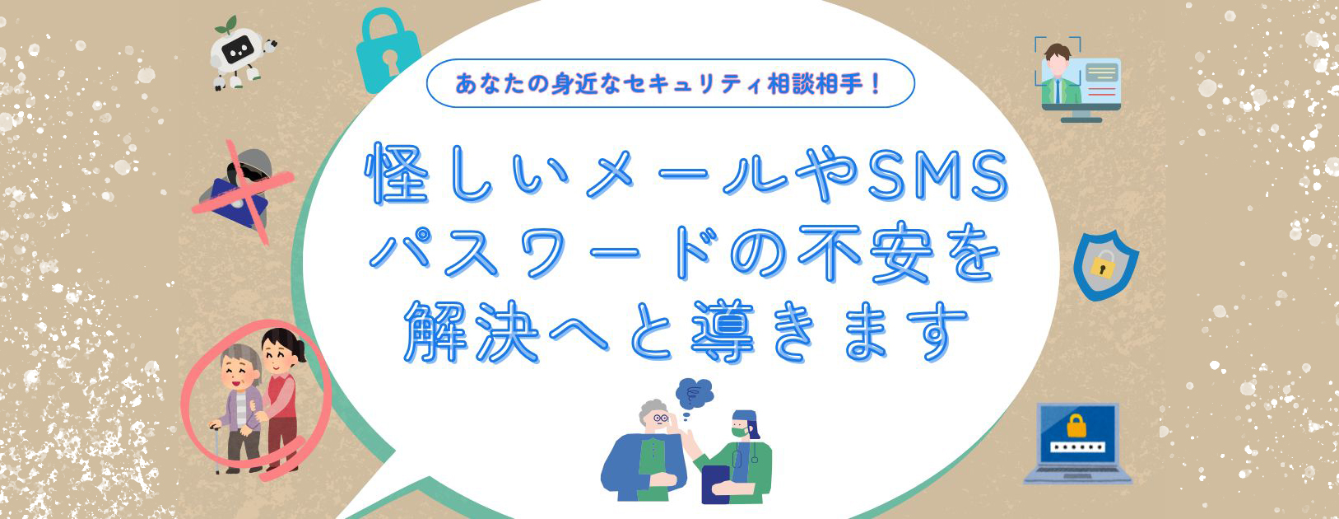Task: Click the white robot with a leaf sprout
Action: click(x=241, y=54)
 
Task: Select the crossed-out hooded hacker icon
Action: click(x=241, y=192)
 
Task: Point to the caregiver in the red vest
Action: click(x=281, y=395)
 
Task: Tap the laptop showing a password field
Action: click(x=1076, y=443)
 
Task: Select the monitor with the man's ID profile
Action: click(x=1076, y=81)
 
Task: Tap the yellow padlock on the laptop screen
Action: click(x=1076, y=426)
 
